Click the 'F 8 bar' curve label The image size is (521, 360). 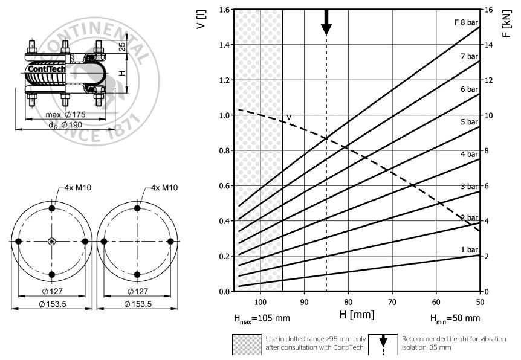(466, 22)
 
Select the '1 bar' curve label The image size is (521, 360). (469, 249)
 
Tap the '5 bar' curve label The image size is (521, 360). (469, 122)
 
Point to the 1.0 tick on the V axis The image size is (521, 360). (225, 115)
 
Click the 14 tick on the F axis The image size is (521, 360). (488, 45)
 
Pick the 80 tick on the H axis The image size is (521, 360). (348, 302)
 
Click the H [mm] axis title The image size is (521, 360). (357, 314)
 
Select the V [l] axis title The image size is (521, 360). (201, 19)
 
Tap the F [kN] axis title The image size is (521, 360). (507, 24)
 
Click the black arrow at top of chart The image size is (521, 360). (326, 22)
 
